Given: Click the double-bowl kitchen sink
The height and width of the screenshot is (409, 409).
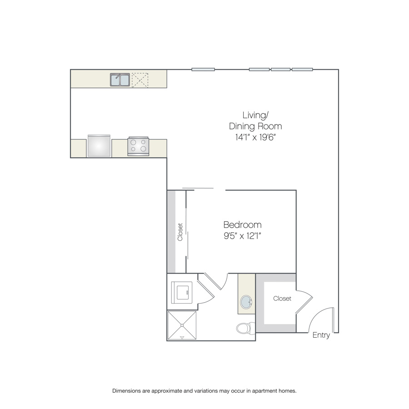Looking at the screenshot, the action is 120,80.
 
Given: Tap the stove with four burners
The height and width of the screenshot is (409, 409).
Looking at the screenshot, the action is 138,146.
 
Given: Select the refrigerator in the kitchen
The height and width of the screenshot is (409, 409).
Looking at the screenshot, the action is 99,146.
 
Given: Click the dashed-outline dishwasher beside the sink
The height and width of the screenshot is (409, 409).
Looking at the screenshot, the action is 140,80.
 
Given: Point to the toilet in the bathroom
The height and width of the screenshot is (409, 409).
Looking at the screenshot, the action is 245,328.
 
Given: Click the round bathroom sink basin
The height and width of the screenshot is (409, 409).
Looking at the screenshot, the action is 246,302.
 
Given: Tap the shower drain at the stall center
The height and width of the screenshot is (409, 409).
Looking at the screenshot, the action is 182,325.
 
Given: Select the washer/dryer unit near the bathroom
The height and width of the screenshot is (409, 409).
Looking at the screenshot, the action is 182,292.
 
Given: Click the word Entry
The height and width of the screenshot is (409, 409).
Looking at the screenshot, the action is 321,335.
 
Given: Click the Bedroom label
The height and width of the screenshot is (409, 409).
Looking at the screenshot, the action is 242,224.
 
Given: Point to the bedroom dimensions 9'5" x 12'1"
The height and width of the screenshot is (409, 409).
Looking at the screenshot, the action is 242,236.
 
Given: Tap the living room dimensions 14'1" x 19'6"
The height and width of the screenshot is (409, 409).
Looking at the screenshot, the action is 255,137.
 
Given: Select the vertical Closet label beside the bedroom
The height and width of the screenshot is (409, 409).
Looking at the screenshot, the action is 180,232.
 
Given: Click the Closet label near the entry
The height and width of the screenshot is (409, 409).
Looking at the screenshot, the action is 282,299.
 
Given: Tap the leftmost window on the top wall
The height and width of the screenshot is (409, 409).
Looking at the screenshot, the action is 203,70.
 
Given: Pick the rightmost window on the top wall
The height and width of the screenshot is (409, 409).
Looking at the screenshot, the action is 302,70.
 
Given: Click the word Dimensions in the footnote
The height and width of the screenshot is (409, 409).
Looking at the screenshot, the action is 126,391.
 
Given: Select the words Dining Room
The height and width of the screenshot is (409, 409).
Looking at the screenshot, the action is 255,126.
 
